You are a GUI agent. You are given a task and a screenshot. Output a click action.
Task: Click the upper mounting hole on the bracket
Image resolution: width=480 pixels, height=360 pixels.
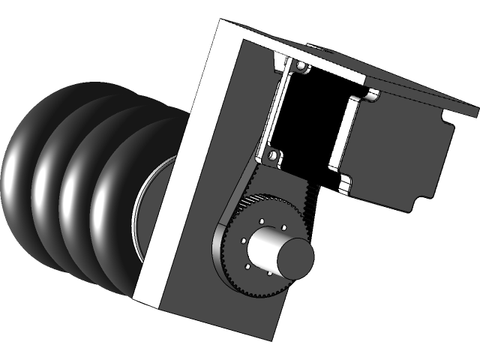pyautogui.click(x=301, y=68)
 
